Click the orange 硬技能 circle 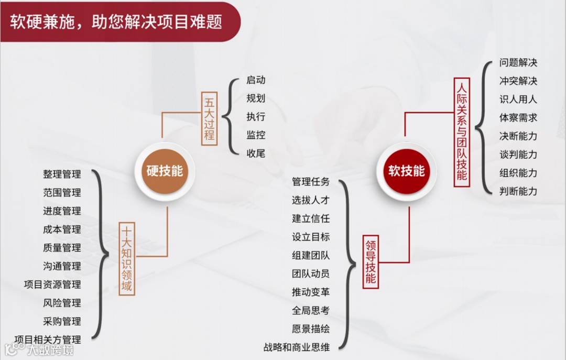point(165,171)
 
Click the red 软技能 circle point(406,171)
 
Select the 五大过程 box point(209,118)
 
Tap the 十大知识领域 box point(127,259)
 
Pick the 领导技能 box point(371,261)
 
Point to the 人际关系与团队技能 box point(461,131)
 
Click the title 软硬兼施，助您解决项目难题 point(116,21)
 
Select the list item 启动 point(256,80)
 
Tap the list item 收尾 point(256,154)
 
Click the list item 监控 point(256,135)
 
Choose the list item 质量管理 point(62,248)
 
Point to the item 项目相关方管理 point(48,340)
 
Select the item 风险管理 point(62,303)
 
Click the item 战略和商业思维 point(297,347)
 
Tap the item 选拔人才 point(311,200)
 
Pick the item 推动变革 point(311,292)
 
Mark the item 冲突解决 point(518,81)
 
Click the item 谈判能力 point(518,155)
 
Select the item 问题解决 point(518,63)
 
